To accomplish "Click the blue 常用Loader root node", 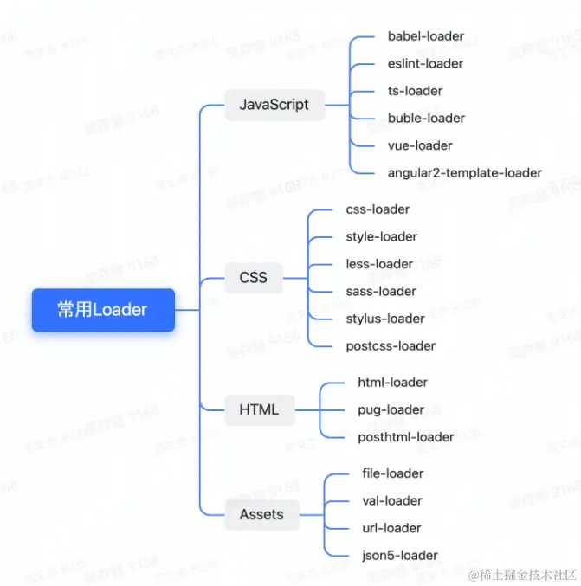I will [x=103, y=310].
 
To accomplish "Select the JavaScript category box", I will [x=274, y=105].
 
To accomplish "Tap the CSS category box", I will [x=253, y=278].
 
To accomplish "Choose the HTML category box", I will [x=259, y=409].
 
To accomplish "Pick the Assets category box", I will [x=261, y=514].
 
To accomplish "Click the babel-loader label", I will [x=426, y=36].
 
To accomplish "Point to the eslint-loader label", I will [x=425, y=63].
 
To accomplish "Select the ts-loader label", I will [x=415, y=91].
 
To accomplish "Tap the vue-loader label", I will [x=420, y=145].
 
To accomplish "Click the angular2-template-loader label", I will [x=464, y=173].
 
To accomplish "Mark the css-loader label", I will [x=378, y=209].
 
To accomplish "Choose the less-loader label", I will [x=379, y=264].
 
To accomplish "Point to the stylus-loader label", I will [x=385, y=319].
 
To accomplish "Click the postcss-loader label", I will [x=391, y=346].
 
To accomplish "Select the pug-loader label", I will [x=391, y=409].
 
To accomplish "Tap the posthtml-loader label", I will [x=405, y=437].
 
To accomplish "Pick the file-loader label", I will [x=393, y=473].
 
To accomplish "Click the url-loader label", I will [x=391, y=528].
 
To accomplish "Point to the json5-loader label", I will [x=399, y=556].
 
